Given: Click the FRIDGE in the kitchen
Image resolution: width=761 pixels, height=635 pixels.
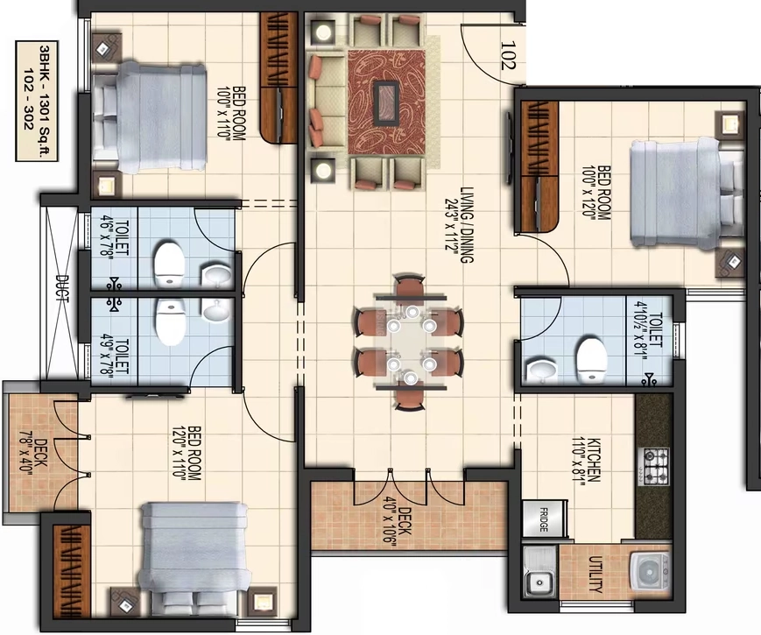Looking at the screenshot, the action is [x=544, y=519].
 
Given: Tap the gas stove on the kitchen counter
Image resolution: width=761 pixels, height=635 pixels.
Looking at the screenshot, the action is [x=656, y=467].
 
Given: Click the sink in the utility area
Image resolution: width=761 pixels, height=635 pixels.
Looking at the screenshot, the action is [x=539, y=574].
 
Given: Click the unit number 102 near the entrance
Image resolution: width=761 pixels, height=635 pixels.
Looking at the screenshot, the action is [x=507, y=55].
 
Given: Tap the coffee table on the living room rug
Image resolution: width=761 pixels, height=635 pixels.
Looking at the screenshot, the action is [x=386, y=101].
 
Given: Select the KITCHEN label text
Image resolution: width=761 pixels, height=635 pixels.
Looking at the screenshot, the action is [x=594, y=460].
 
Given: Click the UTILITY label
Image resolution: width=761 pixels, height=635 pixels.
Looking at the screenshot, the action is [x=595, y=575].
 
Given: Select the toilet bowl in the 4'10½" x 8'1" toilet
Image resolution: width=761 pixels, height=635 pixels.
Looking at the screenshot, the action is [x=592, y=359].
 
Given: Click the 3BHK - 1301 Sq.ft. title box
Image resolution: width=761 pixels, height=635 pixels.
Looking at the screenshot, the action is [x=37, y=101].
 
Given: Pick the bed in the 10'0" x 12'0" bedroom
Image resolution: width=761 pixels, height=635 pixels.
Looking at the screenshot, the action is [x=687, y=192].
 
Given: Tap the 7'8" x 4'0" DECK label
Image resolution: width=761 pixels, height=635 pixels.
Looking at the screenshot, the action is [x=34, y=457].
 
